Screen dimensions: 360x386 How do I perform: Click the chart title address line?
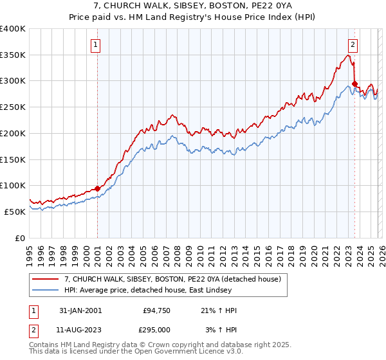(192, 6)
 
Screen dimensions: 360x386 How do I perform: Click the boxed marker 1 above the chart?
(96, 44)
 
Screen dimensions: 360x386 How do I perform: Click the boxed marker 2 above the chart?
(353, 44)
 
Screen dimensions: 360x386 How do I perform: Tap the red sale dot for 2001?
(97, 188)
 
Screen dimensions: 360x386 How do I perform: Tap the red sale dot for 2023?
(354, 84)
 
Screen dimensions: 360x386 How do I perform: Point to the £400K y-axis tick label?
(13, 29)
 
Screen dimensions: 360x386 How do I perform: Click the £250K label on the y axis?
(13, 107)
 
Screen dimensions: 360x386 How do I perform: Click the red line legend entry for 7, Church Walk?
(172, 280)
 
